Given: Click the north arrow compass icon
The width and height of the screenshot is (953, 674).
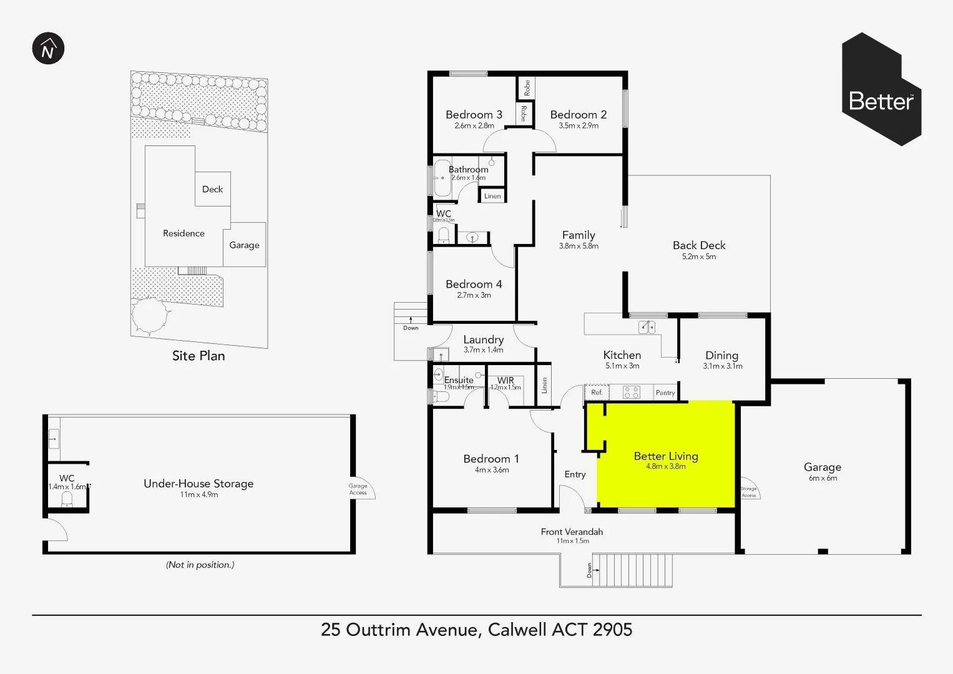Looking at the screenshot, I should tap(48, 49).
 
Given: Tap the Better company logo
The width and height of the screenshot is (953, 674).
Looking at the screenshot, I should tap(881, 90).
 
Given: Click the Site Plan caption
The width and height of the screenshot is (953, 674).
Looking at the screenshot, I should tap(198, 356).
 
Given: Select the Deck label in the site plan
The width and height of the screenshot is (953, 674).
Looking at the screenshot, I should tap(212, 189).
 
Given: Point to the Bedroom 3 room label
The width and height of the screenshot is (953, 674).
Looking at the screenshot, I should tap(474, 115).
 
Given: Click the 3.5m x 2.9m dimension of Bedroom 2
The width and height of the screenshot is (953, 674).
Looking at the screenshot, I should tap(579, 126).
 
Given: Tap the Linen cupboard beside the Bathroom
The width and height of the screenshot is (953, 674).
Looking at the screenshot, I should tap(492, 196).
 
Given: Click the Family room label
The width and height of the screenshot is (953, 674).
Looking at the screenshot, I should tap(579, 235).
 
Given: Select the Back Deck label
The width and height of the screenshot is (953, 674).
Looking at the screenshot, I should tap(699, 245).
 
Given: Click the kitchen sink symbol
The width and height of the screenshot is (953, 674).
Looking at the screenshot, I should tap(647, 326).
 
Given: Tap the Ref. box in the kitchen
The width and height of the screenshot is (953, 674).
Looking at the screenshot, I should tap(597, 393).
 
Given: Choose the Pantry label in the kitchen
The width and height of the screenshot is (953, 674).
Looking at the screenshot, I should tap(665, 393).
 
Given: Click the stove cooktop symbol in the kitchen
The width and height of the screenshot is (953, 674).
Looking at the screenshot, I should tap(632, 393).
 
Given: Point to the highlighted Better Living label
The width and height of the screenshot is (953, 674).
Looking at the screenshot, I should tap(666, 456).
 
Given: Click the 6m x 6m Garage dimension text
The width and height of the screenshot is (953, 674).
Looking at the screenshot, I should tap(823, 479).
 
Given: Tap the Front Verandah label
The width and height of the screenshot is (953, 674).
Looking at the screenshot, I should tap(572, 532).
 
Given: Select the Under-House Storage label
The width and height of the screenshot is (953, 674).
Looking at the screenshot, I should tap(198, 484).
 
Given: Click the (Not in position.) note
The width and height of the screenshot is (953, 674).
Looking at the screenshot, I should tap(200, 565).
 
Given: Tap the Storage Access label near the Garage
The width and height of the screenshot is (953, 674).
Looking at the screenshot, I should tap(748, 492).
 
